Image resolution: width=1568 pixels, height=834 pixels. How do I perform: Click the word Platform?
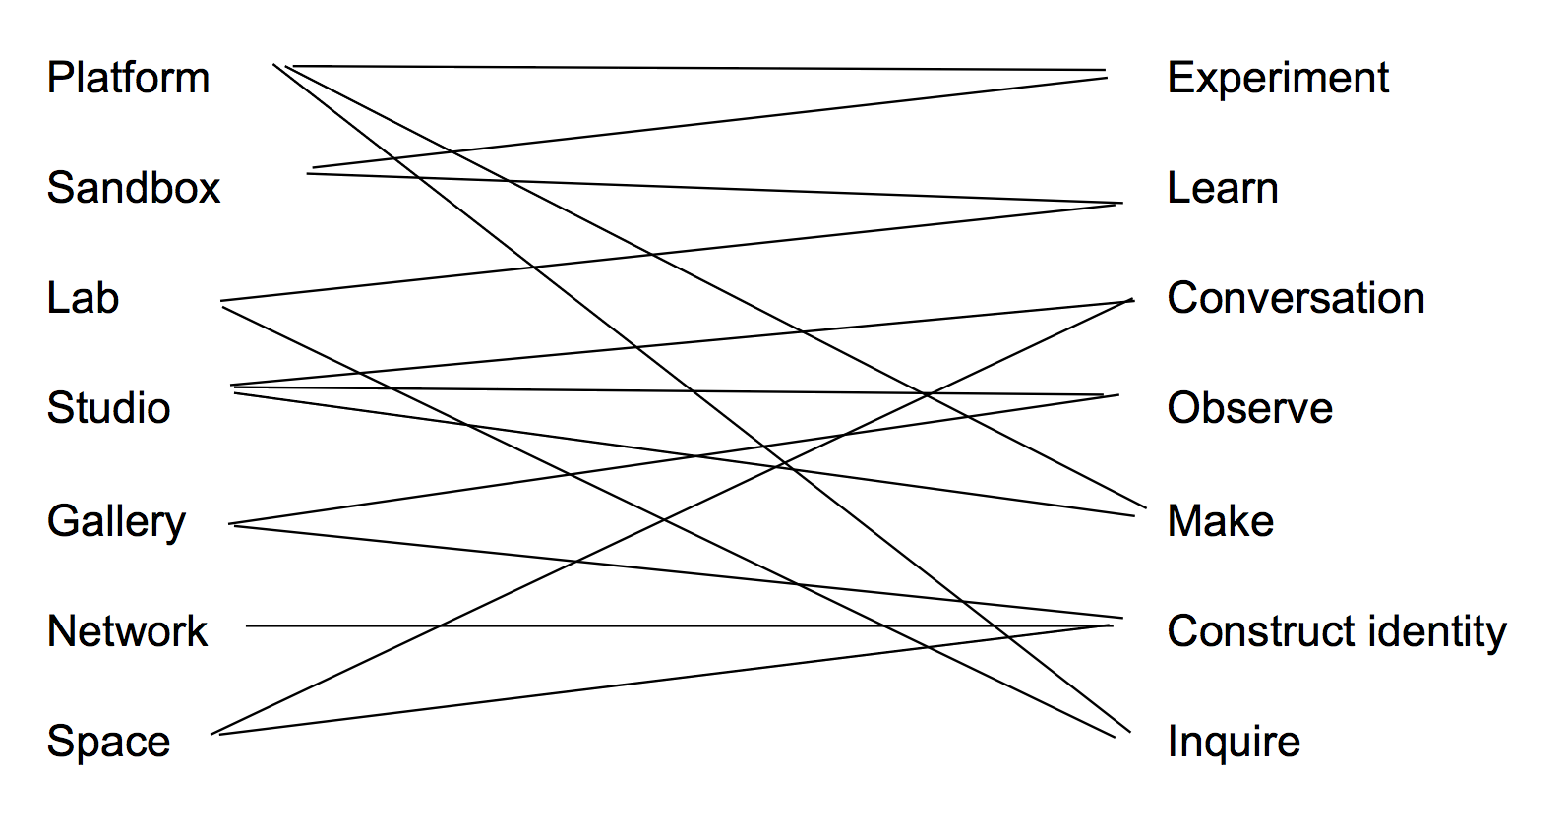click(128, 78)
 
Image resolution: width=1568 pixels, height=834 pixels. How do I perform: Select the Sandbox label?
click(134, 188)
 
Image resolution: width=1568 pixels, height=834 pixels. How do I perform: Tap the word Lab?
click(83, 298)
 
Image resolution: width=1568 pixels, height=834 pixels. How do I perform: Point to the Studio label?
click(108, 408)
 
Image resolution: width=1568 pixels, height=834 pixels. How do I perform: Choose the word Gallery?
click(116, 521)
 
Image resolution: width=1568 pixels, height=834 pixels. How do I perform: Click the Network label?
click(127, 631)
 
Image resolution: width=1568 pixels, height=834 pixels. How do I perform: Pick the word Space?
click(108, 742)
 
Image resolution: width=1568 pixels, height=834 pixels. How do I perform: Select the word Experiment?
click(1277, 78)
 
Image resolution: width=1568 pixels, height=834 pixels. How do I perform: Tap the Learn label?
click(1222, 188)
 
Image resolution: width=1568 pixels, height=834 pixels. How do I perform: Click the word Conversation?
click(1296, 298)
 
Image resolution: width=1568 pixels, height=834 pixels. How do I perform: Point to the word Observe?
click(1249, 408)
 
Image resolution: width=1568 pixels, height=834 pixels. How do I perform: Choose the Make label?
click(1220, 521)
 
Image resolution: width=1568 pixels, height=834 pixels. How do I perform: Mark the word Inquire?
click(1233, 742)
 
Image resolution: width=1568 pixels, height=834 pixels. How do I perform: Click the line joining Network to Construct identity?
click(492, 625)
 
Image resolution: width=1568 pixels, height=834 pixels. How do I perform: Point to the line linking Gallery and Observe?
click(492, 486)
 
